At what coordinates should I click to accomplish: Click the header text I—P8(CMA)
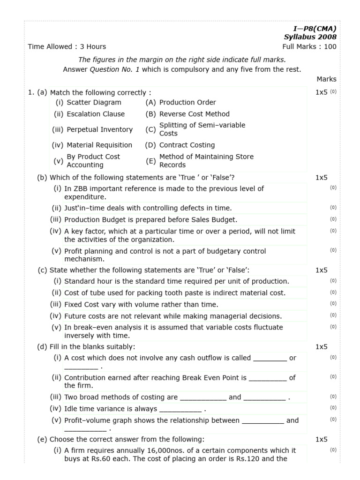coord(315,29)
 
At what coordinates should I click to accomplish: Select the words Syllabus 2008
coord(310,37)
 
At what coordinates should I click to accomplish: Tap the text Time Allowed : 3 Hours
coord(67,46)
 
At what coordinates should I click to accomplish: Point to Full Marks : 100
coord(309,46)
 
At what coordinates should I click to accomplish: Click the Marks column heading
coord(326,79)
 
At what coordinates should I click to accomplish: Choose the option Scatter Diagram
coord(94,102)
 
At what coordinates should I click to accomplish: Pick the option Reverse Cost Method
coord(195,114)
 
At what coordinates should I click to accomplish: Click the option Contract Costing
coord(187,145)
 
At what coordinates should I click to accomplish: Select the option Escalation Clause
coord(96,114)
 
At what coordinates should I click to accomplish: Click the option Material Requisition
coord(99,145)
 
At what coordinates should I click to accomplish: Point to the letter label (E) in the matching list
coord(150,161)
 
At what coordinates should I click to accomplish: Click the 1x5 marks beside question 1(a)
coord(321,92)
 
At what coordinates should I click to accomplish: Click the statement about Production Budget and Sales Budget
coord(150,219)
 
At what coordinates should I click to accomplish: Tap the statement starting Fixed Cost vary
coord(141,304)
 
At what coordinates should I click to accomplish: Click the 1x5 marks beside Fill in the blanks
coord(321,347)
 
